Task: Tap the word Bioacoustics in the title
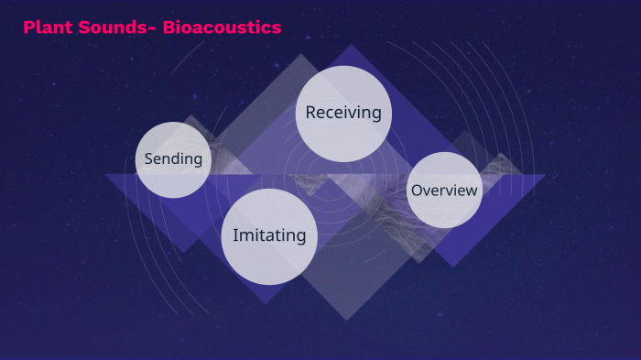[222, 28]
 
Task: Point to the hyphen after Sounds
[153, 29]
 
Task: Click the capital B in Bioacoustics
[169, 28]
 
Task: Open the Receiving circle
[343, 114]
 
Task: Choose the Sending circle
[173, 159]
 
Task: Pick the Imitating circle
[269, 236]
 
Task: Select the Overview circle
[444, 191]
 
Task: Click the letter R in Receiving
[311, 113]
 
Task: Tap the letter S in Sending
[148, 159]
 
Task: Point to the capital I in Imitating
[235, 235]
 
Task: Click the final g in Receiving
[375, 115]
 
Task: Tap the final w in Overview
[472, 191]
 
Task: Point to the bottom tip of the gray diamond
[345, 320]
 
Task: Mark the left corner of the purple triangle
[104, 175]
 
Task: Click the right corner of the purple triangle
[546, 175]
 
